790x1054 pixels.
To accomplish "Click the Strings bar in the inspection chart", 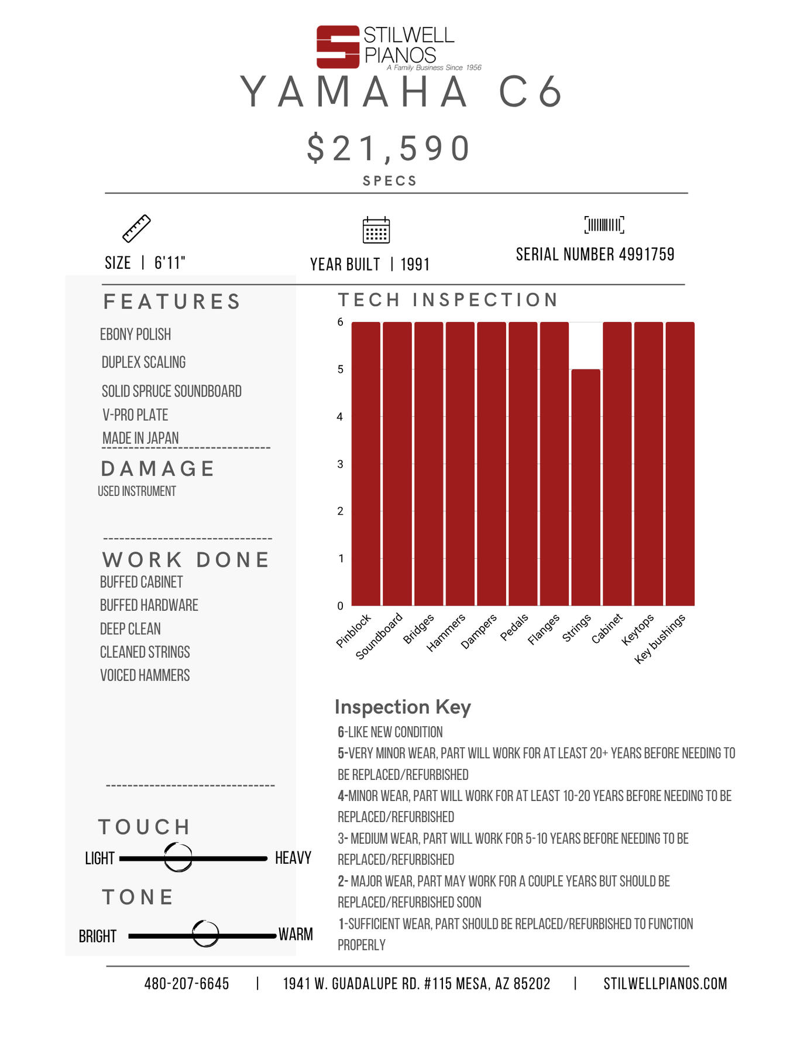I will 586,487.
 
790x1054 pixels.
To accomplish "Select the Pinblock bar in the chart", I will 366,463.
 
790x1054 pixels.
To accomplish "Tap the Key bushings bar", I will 680,463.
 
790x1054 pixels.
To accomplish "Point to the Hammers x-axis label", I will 446,632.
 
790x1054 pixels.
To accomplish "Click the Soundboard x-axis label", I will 380,635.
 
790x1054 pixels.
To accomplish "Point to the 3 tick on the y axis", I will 340,464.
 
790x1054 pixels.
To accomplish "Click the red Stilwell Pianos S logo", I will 338,47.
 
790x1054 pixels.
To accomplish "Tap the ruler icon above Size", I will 136,228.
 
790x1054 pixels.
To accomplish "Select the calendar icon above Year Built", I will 376,230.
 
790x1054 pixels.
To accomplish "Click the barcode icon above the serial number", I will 604,225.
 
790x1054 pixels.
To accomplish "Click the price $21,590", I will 389,148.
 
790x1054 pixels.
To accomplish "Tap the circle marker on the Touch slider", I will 178,858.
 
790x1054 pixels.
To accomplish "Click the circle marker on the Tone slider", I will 205,933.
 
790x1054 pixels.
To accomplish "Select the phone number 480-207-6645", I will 187,984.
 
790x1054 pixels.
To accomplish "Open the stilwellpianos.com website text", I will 665,984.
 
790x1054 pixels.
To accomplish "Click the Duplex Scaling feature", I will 143,362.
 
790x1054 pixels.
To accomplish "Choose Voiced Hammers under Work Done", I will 145,676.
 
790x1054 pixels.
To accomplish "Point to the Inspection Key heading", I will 403,707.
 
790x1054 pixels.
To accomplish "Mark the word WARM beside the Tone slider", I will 296,935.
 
